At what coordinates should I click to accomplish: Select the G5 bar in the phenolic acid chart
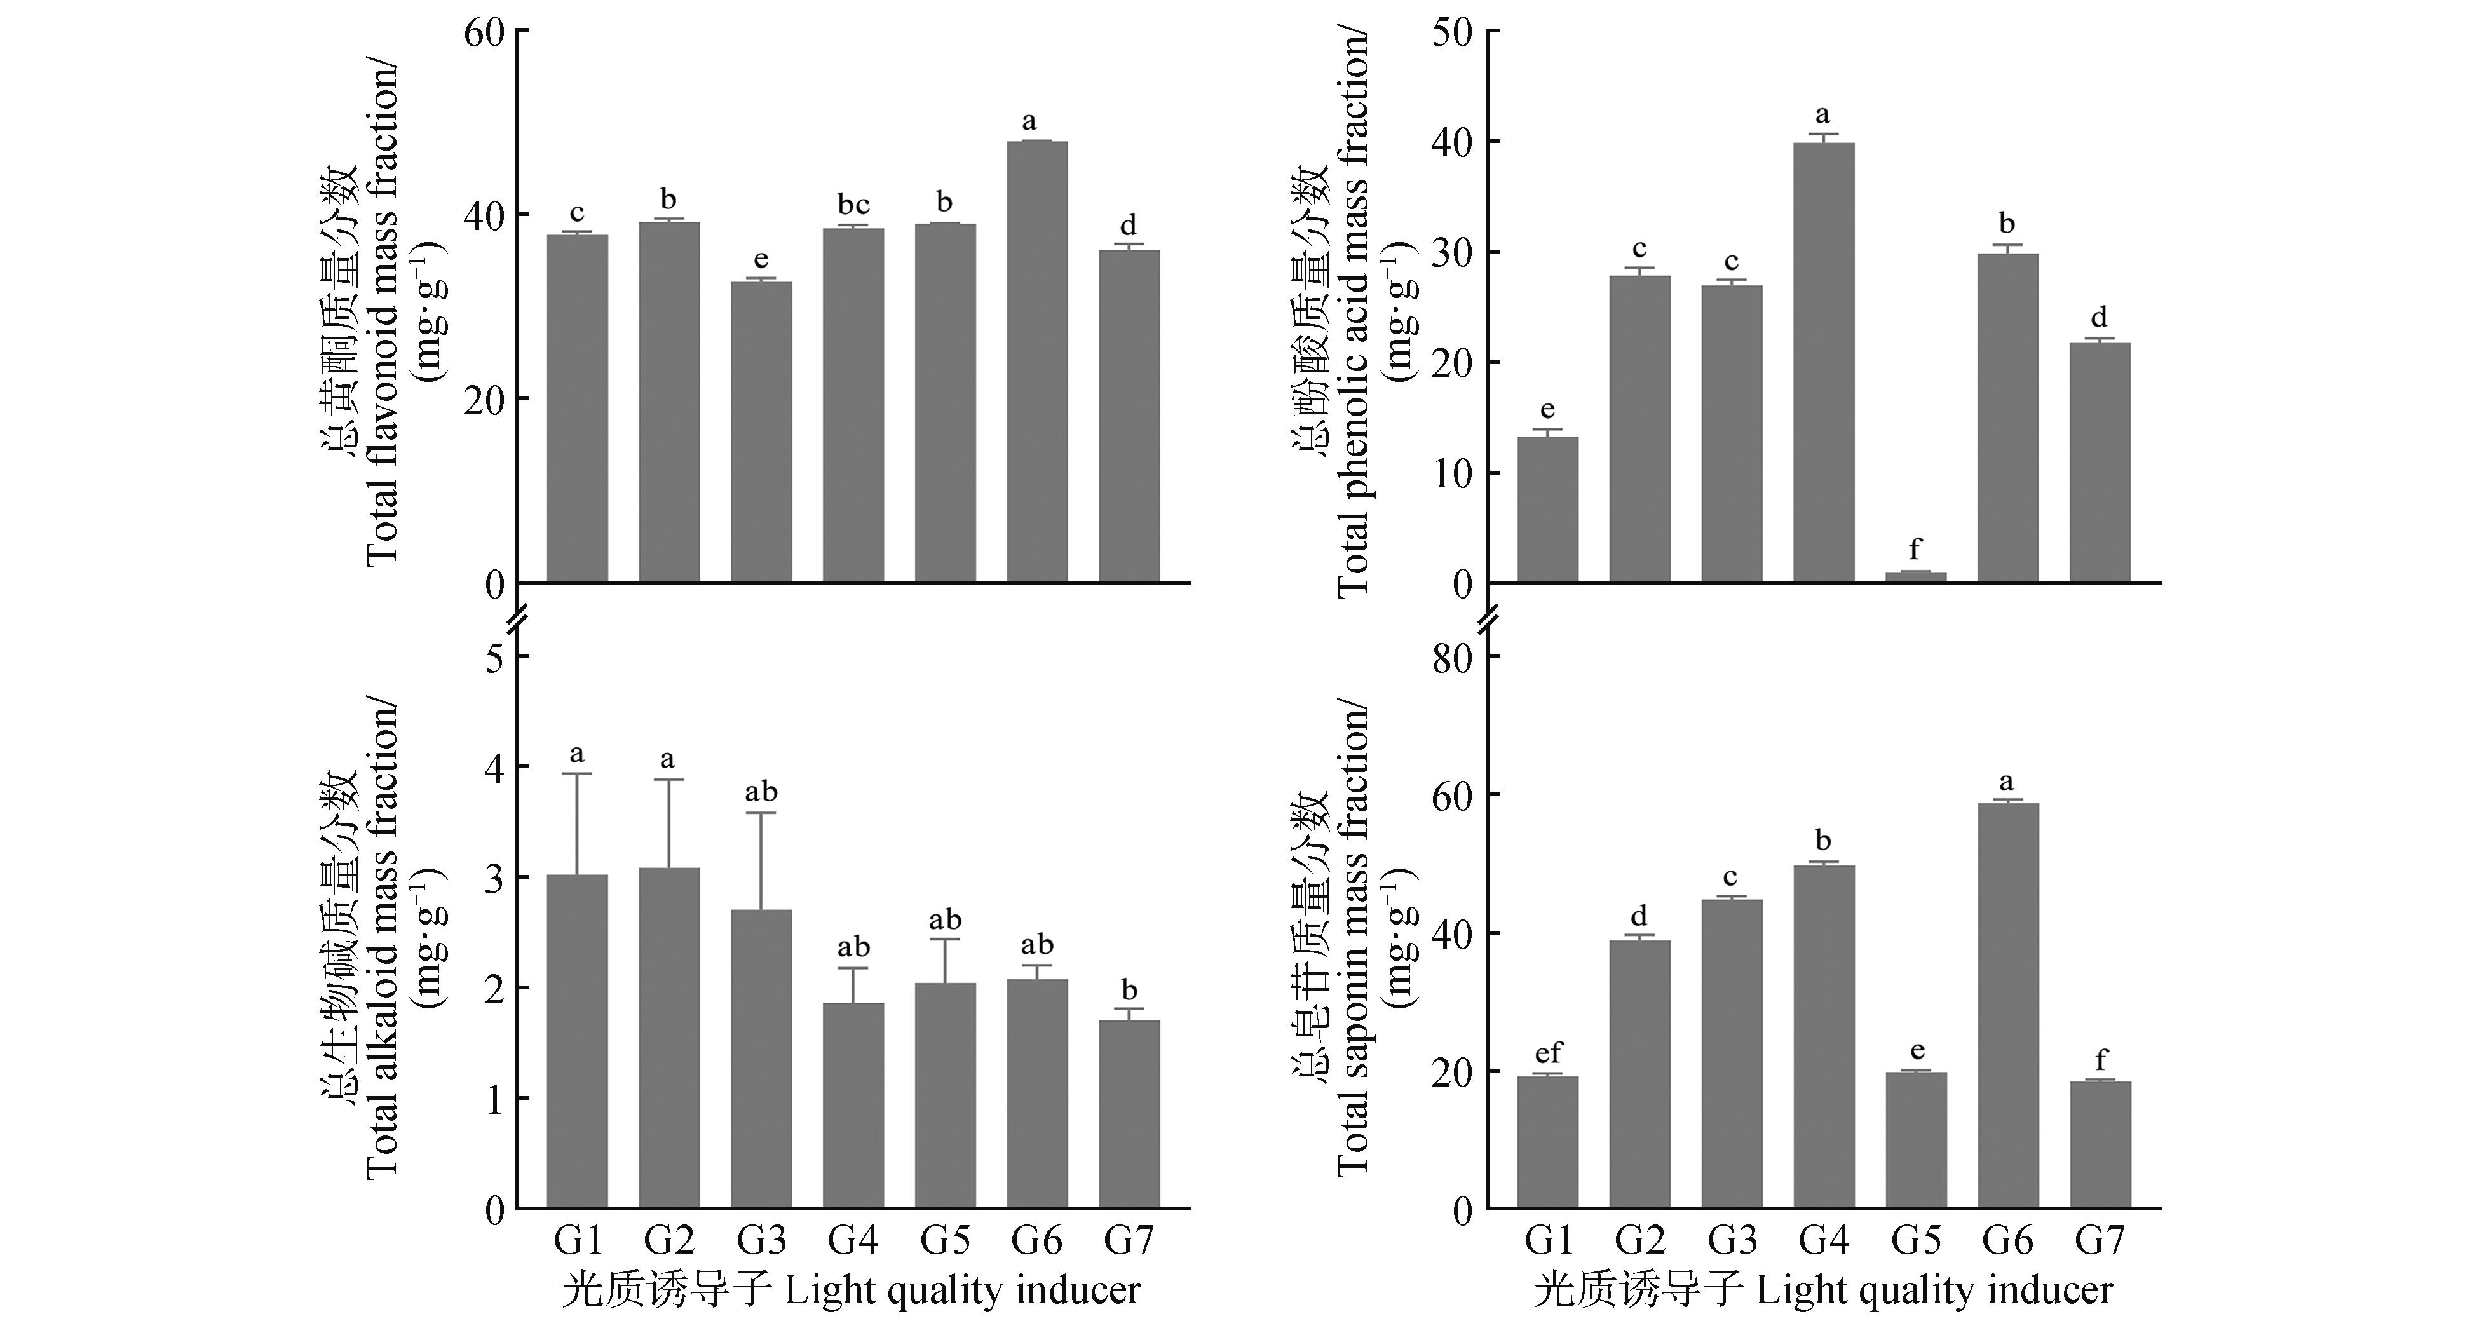[1915, 577]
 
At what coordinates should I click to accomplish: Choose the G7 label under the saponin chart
[2099, 1241]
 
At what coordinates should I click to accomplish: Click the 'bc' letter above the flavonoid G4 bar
[853, 205]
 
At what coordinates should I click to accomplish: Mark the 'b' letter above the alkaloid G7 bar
[1129, 989]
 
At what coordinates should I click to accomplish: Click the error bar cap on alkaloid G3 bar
[761, 813]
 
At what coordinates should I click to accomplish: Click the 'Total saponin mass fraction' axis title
[1351, 937]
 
